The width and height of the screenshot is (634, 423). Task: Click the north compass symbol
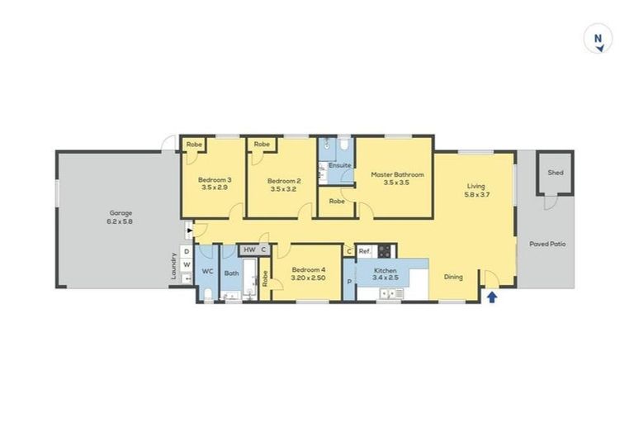597,40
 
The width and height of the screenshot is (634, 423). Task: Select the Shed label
556,173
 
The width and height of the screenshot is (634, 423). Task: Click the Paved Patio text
547,244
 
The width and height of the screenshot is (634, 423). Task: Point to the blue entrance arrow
492,296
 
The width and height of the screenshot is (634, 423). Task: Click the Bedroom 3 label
214,180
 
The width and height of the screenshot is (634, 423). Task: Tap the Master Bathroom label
397,174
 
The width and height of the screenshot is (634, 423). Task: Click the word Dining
452,277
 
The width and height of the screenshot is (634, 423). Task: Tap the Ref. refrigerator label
364,250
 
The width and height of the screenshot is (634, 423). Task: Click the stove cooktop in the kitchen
386,250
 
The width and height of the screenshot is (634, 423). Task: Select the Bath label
232,273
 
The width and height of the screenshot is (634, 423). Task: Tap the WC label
207,271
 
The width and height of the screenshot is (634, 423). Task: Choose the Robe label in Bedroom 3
193,145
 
